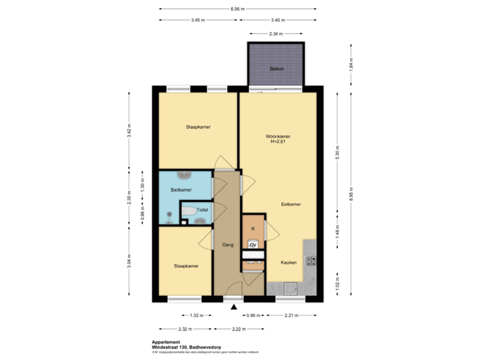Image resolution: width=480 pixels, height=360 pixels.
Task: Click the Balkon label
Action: (x=277, y=68)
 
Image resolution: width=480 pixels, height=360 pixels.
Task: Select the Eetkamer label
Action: (x=291, y=204)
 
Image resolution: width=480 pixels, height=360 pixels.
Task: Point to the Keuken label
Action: (x=289, y=263)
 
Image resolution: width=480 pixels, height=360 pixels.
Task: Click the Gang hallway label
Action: (x=227, y=245)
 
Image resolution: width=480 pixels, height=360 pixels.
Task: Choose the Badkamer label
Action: (x=181, y=190)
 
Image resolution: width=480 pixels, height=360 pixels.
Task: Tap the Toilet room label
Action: (x=202, y=209)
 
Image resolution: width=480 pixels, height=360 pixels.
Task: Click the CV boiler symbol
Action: (x=253, y=244)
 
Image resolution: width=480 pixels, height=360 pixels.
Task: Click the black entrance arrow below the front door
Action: (x=233, y=307)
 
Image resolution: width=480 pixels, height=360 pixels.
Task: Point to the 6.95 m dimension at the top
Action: (x=237, y=9)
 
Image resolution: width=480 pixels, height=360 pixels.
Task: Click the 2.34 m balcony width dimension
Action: (x=276, y=33)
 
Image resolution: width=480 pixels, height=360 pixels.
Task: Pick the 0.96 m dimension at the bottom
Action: (x=251, y=315)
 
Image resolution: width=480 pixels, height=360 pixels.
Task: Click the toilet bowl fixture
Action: (x=189, y=212)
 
